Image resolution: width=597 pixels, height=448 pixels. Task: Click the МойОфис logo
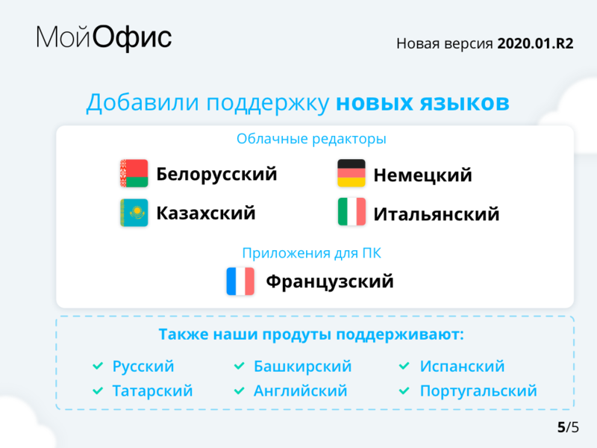104,38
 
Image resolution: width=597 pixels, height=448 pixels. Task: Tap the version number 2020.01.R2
535,43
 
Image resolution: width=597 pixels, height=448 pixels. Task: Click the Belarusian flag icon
134,173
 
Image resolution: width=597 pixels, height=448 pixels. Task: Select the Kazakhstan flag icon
134,213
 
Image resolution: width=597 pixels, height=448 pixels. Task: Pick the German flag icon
351,173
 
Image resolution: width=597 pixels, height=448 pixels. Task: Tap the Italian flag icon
351,212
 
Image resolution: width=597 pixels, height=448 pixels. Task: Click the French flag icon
240,281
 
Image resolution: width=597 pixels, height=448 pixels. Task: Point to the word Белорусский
216,174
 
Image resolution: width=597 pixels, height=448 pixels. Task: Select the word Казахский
205,214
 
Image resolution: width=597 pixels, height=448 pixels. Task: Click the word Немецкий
423,175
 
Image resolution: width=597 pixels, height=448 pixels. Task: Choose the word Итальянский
437,215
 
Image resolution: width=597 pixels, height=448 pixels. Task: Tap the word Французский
330,282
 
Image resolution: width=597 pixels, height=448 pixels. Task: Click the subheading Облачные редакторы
311,139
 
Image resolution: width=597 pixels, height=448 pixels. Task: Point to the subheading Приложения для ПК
311,253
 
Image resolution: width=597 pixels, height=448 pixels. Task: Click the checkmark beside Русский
97,367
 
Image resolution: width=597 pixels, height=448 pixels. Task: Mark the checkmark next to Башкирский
239,367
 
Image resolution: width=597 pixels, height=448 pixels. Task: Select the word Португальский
478,391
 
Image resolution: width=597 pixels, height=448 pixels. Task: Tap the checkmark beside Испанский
404,367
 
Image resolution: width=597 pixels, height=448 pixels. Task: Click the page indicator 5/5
567,428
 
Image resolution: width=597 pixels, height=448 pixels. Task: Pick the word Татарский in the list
152,391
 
